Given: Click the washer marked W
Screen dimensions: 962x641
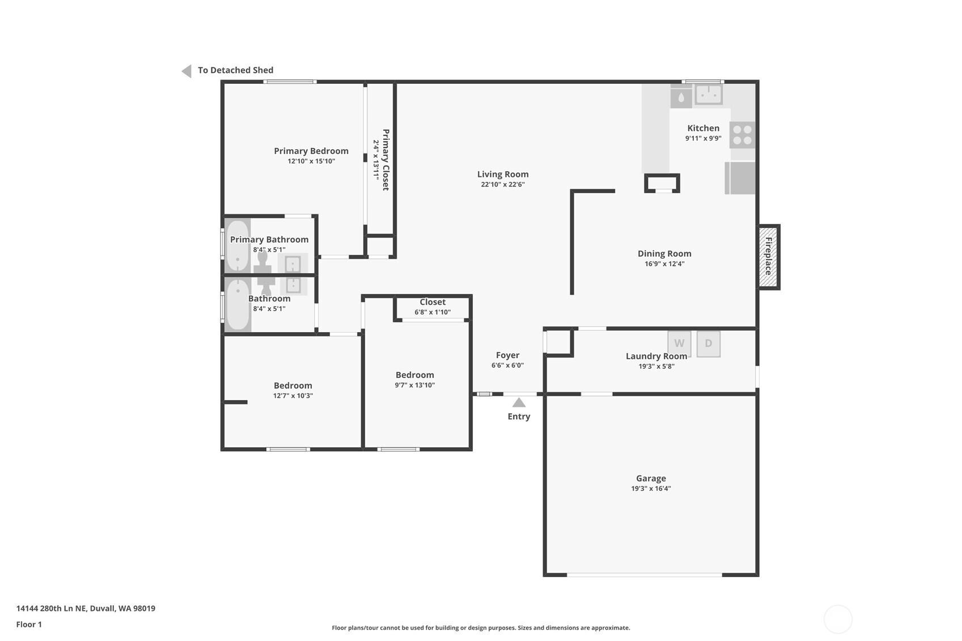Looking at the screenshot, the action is tap(680, 343).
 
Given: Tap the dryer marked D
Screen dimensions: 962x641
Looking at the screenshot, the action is tap(708, 343).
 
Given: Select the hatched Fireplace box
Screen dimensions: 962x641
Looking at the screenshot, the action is tap(768, 257).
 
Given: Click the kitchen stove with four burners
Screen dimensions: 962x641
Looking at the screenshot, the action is tap(742, 135).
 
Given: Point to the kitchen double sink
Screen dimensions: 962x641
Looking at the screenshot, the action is tap(709, 95).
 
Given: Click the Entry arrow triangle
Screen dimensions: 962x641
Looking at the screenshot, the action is tap(519, 402).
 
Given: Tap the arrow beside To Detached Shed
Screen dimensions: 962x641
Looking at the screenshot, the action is tap(187, 71).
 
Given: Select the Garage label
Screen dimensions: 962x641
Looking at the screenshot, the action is tap(651, 478).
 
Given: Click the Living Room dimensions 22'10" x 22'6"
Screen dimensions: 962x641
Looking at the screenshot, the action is tap(503, 185).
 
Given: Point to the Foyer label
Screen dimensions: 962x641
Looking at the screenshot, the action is tap(507, 355).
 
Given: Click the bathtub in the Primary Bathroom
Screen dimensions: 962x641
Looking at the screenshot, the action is tap(238, 246).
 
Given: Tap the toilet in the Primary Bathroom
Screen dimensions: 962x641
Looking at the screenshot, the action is tap(262, 262).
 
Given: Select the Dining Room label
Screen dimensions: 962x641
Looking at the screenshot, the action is tap(664, 254).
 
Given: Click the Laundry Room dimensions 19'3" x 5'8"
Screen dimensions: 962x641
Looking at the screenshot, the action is tap(656, 366).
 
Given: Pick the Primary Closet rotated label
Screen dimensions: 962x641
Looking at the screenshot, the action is tap(385, 160).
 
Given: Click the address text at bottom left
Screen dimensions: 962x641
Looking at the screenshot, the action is tap(86, 608).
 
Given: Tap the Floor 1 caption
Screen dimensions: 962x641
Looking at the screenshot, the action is tap(29, 625).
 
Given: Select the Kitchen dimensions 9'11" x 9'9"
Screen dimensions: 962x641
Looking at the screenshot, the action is tap(704, 138).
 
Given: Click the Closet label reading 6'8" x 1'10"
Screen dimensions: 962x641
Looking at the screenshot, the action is tap(433, 312).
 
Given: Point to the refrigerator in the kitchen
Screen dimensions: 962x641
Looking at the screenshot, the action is tap(740, 178).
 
